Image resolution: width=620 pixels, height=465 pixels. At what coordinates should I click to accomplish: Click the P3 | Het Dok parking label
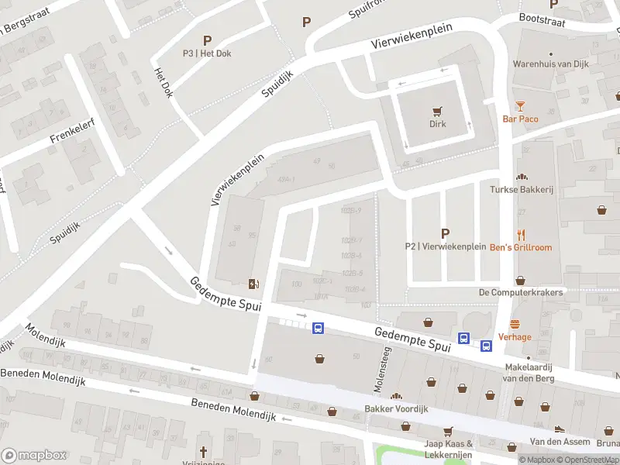pyautogui.click(x=207, y=53)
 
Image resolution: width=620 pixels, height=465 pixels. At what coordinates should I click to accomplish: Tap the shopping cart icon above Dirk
pyautogui.click(x=439, y=110)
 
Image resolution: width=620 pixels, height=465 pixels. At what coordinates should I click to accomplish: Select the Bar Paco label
pyautogui.click(x=520, y=119)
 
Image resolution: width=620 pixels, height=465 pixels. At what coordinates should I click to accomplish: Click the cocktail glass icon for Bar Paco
pyautogui.click(x=520, y=106)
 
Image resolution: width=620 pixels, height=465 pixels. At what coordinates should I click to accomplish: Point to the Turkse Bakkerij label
pyautogui.click(x=520, y=189)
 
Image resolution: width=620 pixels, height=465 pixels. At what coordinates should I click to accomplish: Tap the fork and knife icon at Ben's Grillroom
pyautogui.click(x=521, y=234)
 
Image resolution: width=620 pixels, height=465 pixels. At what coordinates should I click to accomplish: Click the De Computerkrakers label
pyautogui.click(x=520, y=292)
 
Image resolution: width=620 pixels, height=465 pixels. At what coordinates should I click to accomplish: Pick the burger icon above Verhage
pyautogui.click(x=515, y=324)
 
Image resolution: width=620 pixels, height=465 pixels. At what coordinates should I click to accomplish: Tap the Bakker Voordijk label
pyautogui.click(x=396, y=408)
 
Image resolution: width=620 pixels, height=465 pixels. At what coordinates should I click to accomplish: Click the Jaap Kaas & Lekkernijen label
pyautogui.click(x=447, y=448)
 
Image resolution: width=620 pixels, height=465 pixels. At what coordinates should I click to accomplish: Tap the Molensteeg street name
pyautogui.click(x=380, y=359)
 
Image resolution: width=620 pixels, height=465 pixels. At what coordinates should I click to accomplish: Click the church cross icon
pyautogui.click(x=204, y=451)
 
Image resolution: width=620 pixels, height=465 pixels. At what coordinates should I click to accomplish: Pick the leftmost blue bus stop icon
pyautogui.click(x=318, y=329)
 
